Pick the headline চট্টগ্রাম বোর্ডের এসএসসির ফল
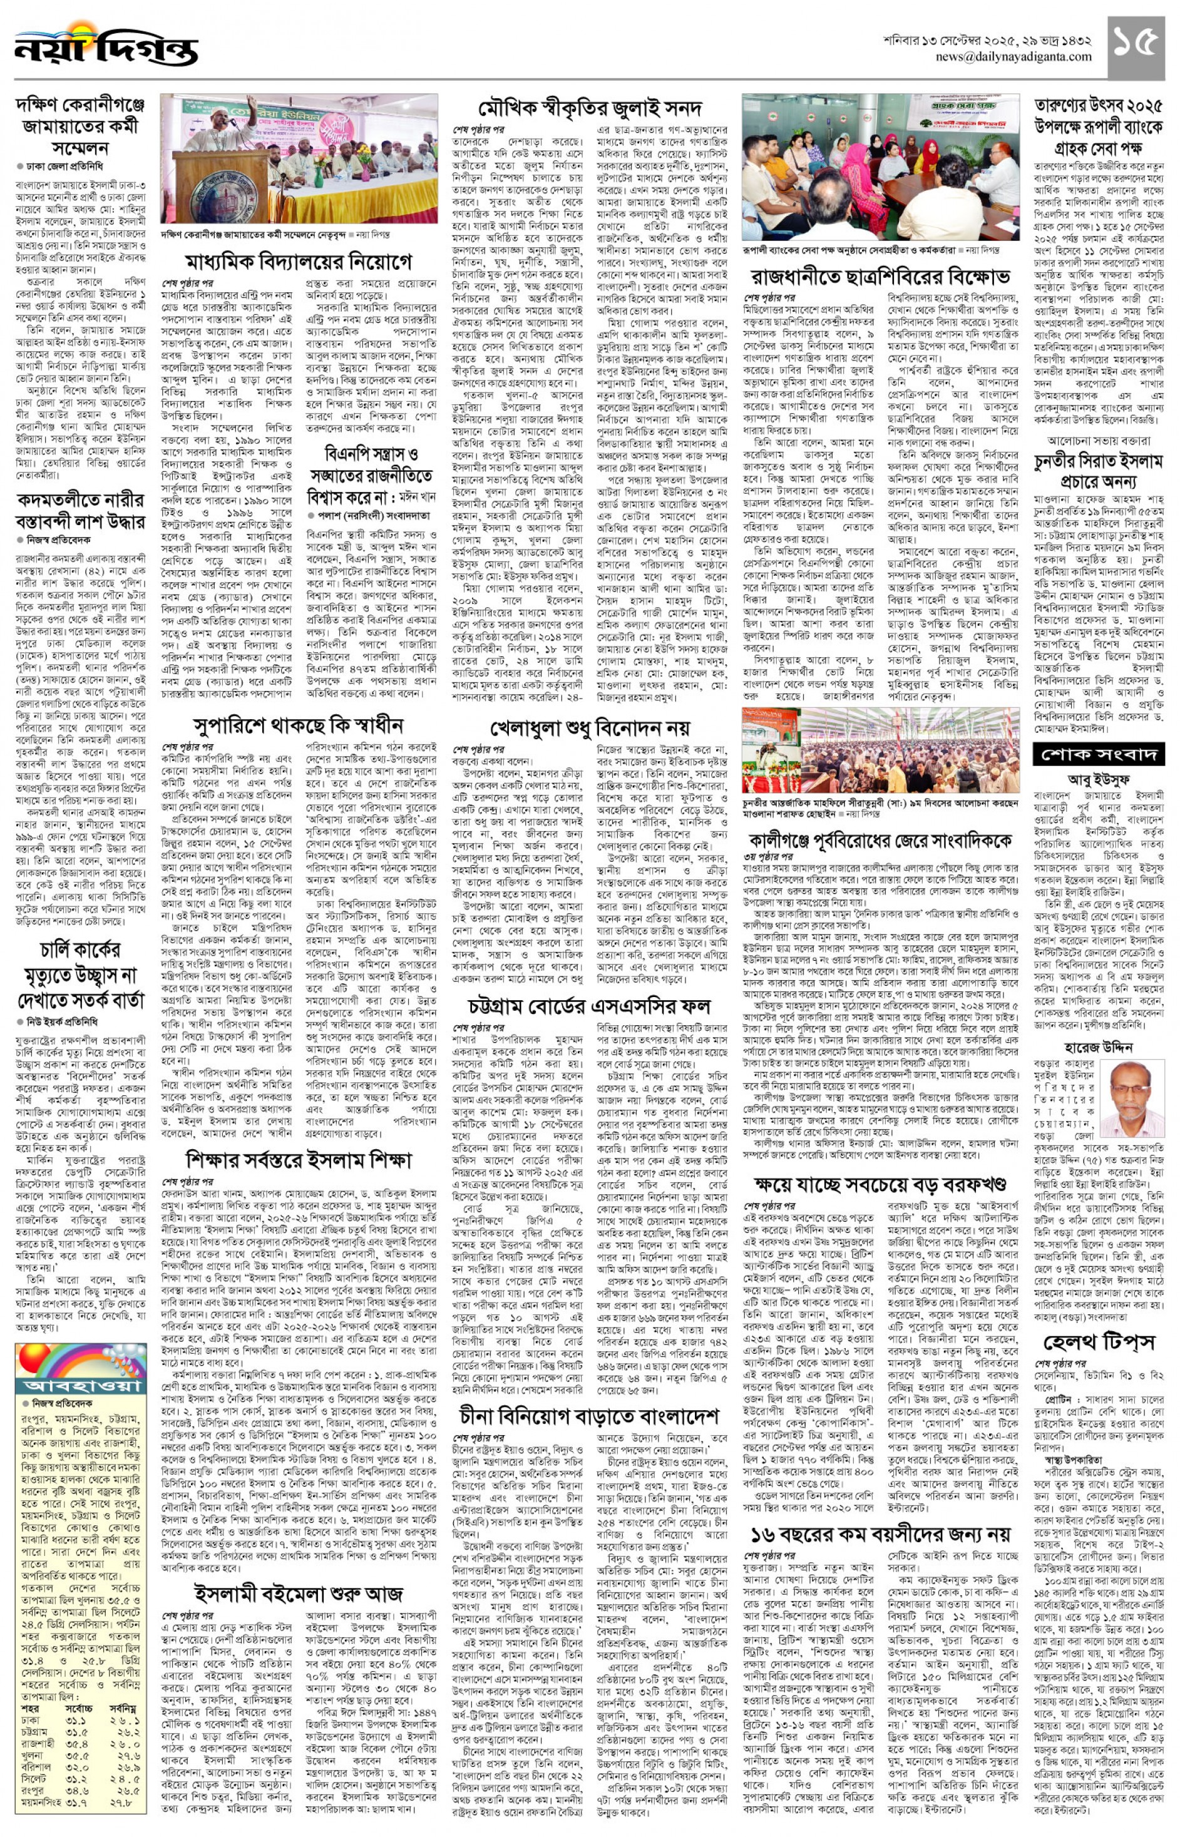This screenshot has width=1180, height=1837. [x=590, y=1005]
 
